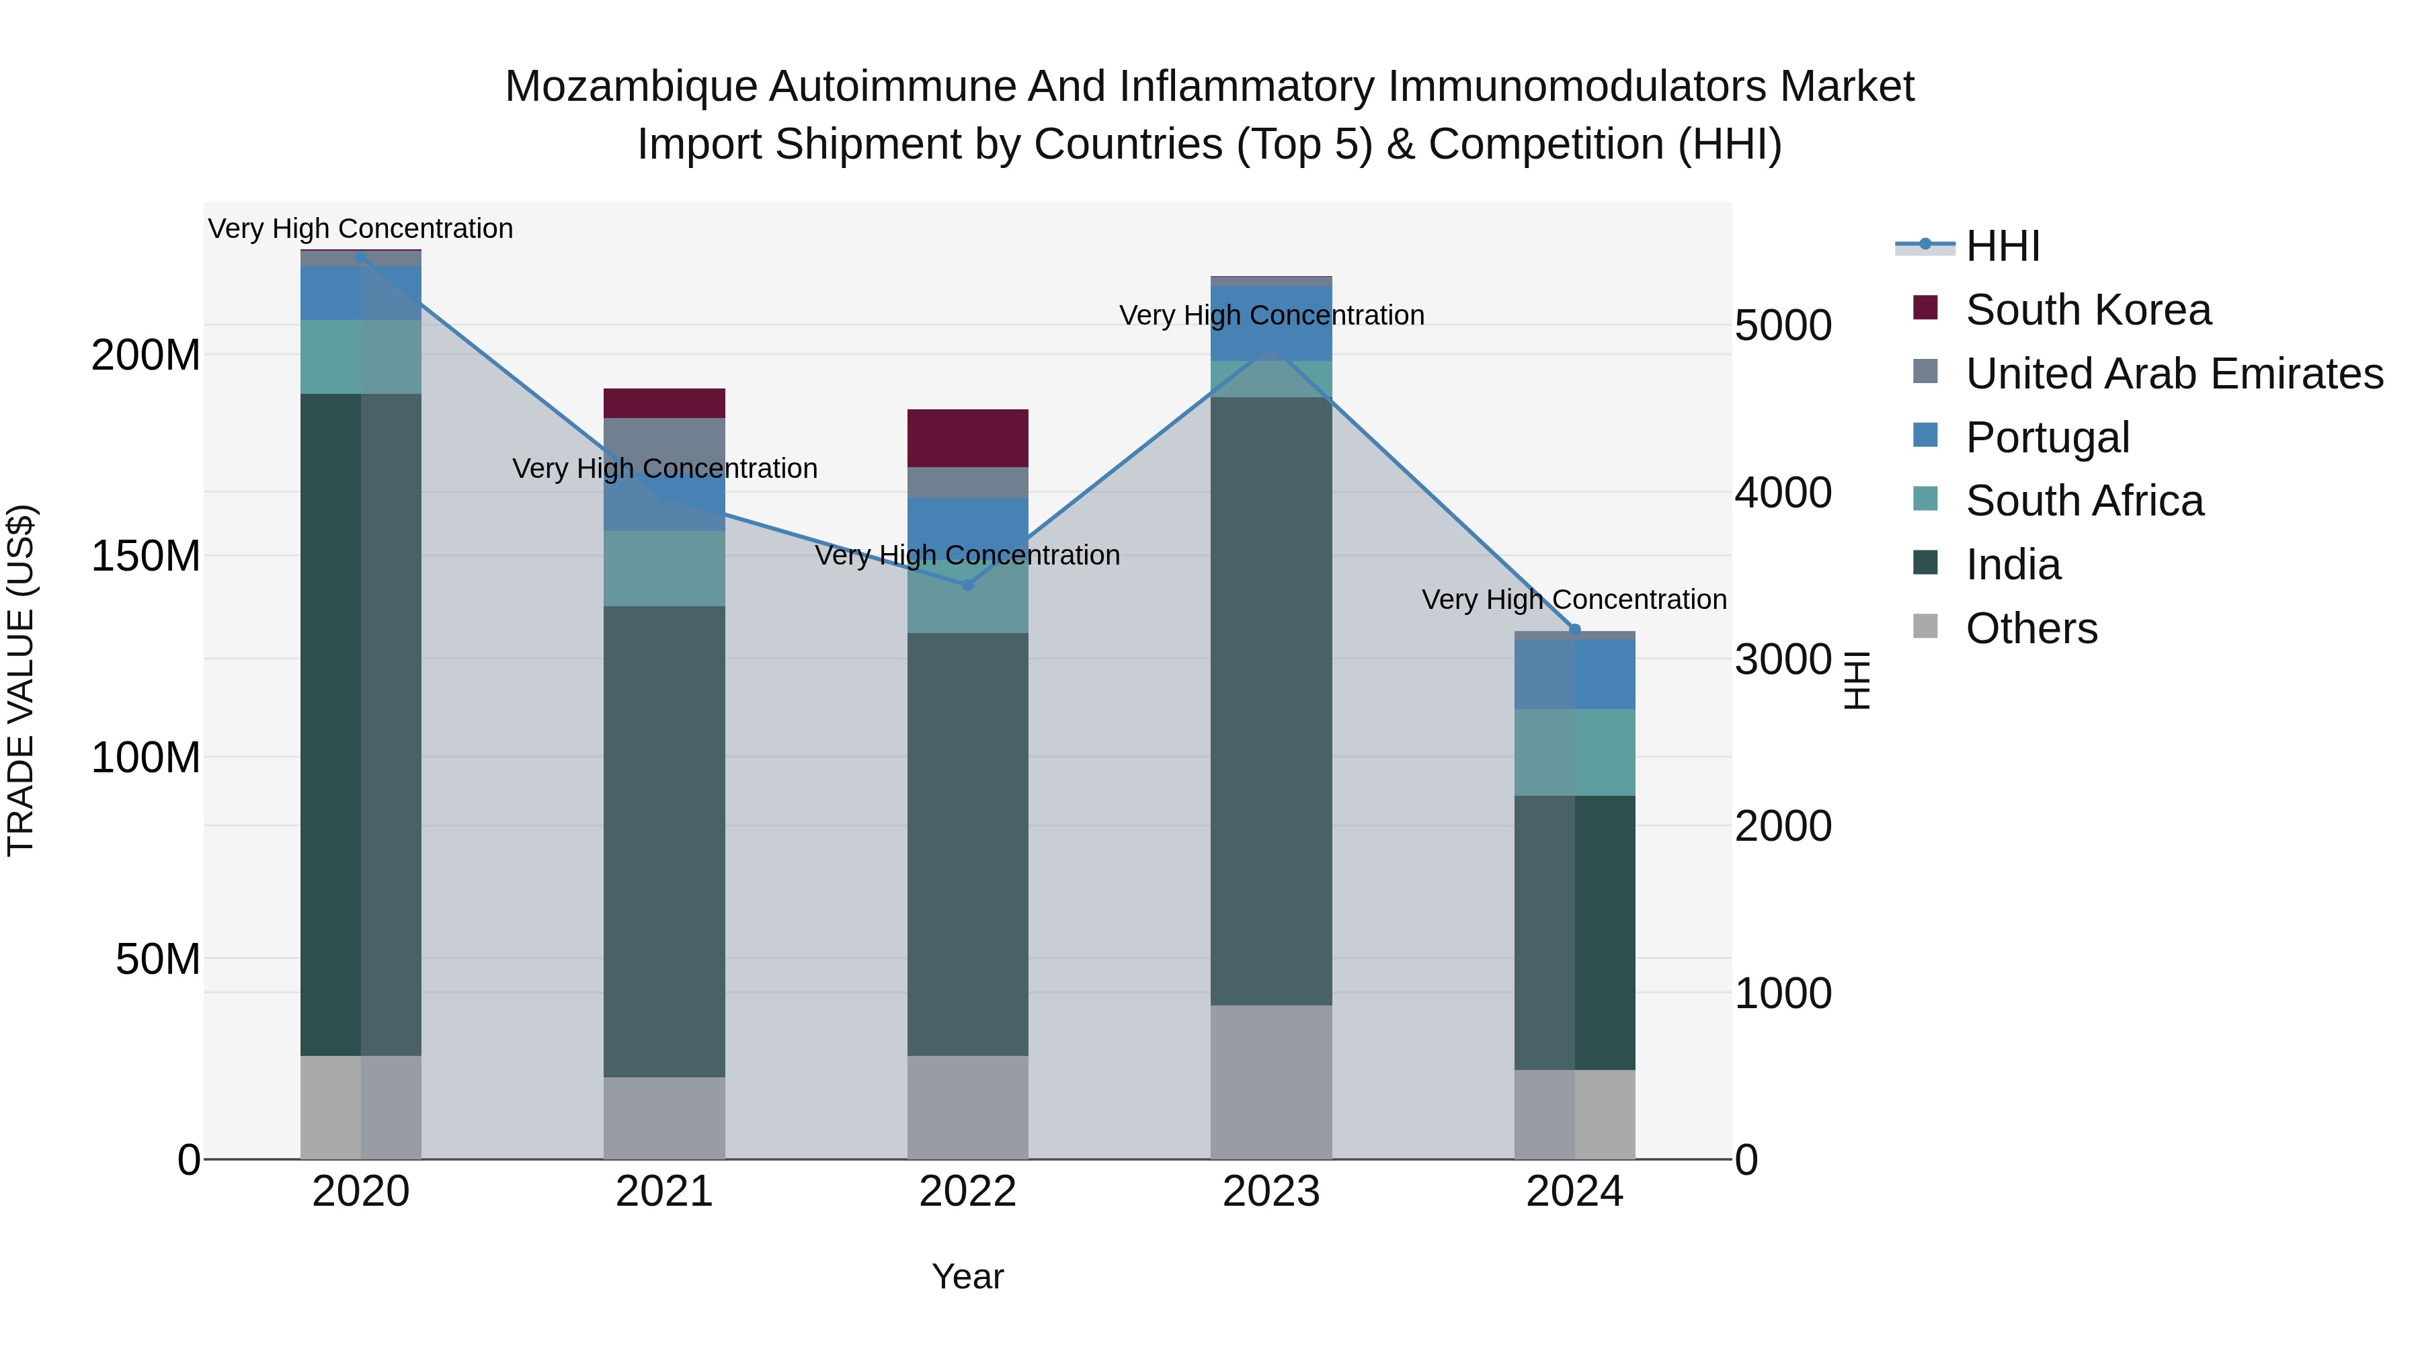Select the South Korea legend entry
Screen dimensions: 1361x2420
point(2087,310)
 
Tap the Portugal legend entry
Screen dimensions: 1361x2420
point(2047,438)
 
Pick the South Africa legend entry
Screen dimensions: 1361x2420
point(2084,501)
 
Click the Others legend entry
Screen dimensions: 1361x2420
point(2031,628)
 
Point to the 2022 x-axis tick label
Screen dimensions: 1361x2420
point(967,1192)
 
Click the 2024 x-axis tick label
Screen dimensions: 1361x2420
point(1574,1192)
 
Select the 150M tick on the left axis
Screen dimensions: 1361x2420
point(146,556)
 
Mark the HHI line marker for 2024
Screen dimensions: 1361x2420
point(1574,629)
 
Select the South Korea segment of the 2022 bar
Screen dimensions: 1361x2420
point(967,438)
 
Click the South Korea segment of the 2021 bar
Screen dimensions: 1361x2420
point(664,403)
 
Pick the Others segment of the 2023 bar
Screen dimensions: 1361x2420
point(1271,1082)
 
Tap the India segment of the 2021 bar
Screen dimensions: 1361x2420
point(664,841)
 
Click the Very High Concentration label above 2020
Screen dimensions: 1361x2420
point(361,229)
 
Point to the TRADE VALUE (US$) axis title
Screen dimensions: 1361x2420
point(21,680)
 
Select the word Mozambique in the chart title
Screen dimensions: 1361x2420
point(631,87)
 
